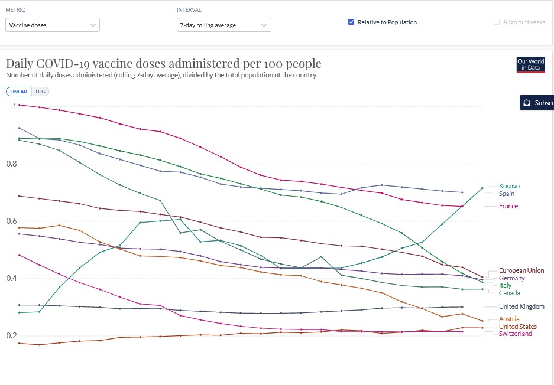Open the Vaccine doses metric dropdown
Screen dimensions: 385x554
[53, 25]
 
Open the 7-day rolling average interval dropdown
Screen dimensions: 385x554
[223, 25]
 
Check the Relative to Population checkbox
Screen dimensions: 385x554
[351, 22]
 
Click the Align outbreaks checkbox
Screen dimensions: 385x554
[497, 22]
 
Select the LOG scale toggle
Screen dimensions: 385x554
[40, 92]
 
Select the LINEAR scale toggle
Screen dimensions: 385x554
[18, 92]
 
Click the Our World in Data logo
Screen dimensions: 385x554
[530, 64]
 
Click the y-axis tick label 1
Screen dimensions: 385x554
[14, 106]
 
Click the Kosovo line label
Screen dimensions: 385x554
[509, 186]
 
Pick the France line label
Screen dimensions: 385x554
[508, 206]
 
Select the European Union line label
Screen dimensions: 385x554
[521, 270]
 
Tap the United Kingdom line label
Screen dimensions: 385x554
[521, 306]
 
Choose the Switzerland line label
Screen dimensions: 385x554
[515, 334]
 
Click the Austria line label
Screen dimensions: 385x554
[509, 319]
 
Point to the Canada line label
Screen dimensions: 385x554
[509, 293]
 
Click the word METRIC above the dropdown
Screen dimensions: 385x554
[15, 10]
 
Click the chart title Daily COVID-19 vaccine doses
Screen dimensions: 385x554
[163, 64]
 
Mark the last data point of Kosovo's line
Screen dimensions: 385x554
[482, 188]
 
